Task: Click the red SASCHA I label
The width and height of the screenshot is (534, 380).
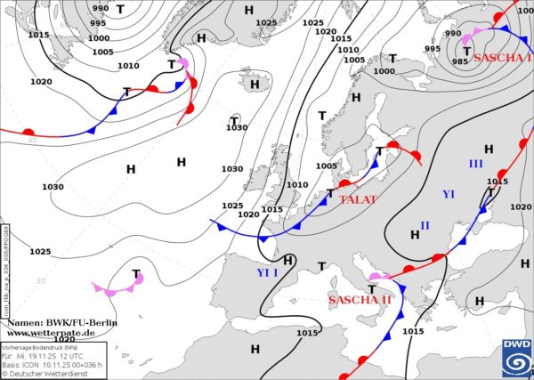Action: (503, 58)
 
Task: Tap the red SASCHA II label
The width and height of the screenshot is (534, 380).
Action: (360, 300)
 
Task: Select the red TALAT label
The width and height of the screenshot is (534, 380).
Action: (358, 200)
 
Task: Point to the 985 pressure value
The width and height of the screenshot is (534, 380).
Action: (460, 61)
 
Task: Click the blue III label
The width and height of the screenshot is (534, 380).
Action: (475, 164)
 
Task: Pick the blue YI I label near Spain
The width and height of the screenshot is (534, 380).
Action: (267, 272)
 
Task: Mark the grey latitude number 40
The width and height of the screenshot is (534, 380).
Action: (31, 140)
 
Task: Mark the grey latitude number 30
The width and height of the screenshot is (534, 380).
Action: (40, 281)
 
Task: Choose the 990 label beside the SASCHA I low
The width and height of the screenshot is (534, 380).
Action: (453, 34)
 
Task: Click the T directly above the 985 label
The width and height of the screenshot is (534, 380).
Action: (466, 52)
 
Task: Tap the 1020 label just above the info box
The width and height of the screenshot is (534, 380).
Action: (63, 339)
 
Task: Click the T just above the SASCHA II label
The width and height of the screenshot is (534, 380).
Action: (371, 289)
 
